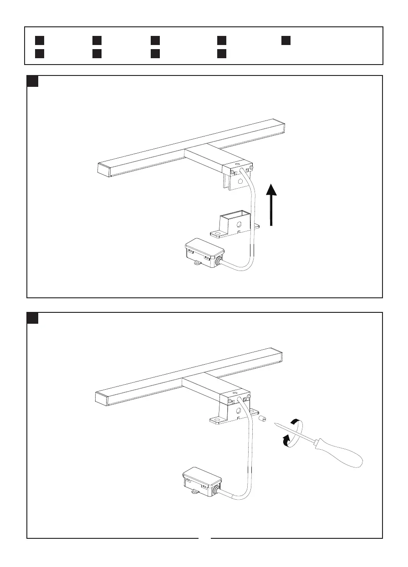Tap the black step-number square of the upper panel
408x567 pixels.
[x=32, y=81]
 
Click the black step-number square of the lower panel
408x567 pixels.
[x=32, y=318]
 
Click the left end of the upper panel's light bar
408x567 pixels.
[x=104, y=169]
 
